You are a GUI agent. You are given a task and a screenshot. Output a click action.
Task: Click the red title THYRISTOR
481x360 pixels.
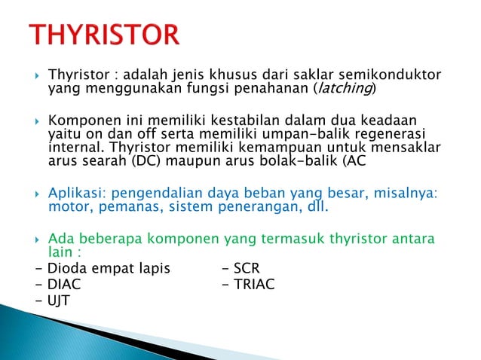coord(105,35)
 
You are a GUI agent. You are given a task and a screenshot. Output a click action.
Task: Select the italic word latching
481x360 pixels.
coord(344,90)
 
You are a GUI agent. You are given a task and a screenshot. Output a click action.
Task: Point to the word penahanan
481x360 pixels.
coord(268,90)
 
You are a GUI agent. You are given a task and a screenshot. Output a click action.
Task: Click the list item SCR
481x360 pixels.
coord(246,269)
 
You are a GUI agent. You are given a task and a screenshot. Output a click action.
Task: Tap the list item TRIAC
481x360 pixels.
coord(254,284)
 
